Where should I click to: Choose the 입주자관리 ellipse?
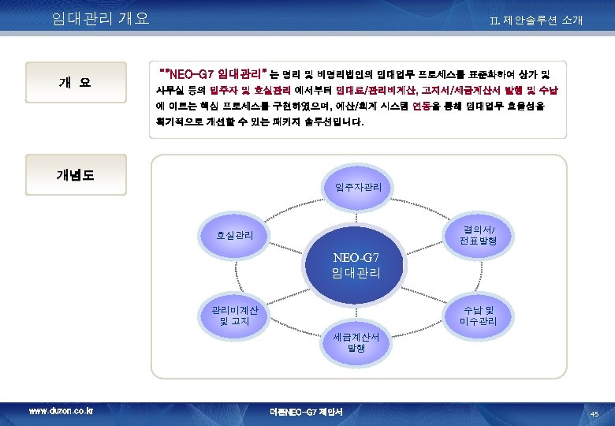tap(359, 187)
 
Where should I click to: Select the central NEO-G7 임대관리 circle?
tap(356, 266)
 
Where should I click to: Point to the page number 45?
tap(594, 413)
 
